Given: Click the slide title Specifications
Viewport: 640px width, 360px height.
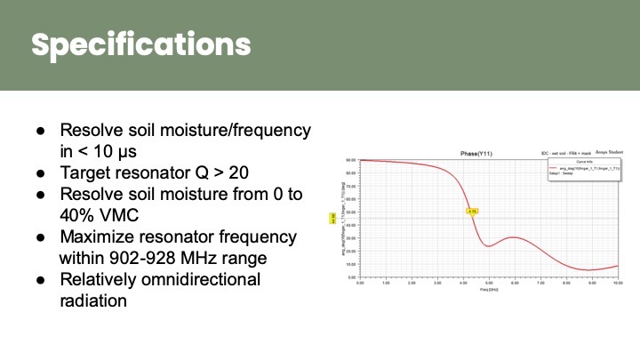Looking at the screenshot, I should click(141, 44).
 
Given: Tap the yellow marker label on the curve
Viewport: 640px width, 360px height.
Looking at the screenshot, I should click(473, 211).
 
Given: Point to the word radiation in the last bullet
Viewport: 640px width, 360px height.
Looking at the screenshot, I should click(92, 300).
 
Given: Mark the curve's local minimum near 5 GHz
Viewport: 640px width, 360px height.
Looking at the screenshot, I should click(490, 245).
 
